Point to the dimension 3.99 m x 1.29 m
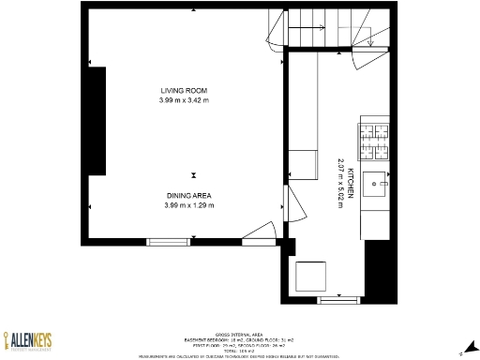[x=189, y=205]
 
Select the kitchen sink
[x=377, y=184]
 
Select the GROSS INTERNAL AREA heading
[x=236, y=334]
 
